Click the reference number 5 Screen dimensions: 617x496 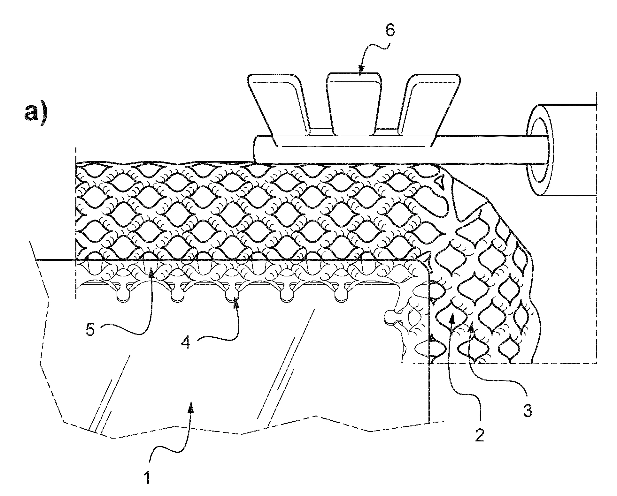(90, 331)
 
